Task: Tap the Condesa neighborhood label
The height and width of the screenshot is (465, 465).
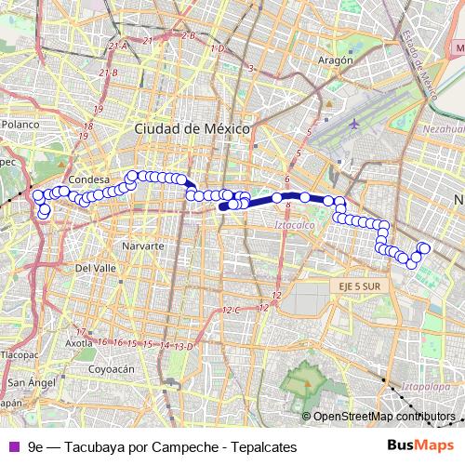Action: coord(89,179)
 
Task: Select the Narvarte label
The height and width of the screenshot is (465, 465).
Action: coord(143,246)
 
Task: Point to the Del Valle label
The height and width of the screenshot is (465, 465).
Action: coord(95,267)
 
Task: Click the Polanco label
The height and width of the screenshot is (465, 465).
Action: coord(20,123)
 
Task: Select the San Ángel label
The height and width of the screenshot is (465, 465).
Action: coord(32,383)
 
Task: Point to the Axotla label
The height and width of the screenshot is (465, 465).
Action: coord(79,342)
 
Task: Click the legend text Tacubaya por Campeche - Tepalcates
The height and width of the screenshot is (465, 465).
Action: coord(162,447)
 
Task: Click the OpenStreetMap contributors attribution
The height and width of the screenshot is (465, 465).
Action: coord(384,416)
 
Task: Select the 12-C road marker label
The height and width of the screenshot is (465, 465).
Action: coord(232,309)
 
